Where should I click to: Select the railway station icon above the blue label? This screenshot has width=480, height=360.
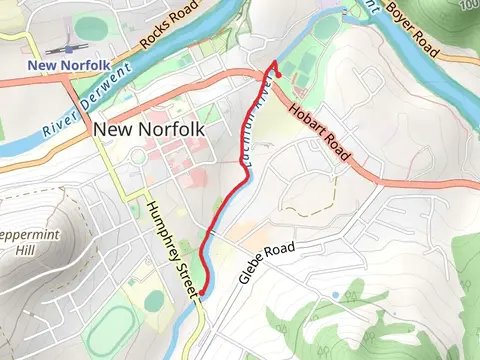(x=69, y=48)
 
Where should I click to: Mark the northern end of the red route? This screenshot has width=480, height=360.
(x=273, y=63)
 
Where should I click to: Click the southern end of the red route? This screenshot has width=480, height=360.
(x=201, y=293)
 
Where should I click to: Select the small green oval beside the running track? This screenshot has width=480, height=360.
(x=154, y=299)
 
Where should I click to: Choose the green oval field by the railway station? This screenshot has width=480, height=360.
(x=90, y=27)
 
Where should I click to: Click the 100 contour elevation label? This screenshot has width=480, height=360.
(x=470, y=6)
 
